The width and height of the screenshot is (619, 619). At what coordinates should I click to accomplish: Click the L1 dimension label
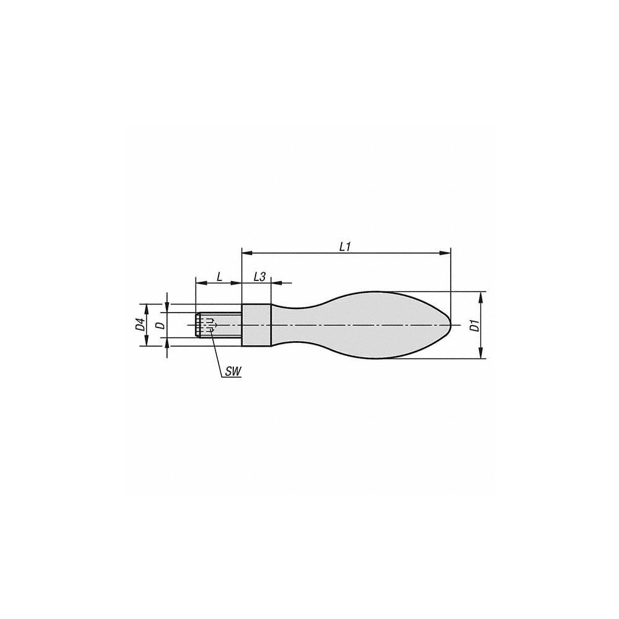[345, 246]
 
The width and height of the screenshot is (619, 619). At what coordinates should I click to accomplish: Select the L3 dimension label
[260, 277]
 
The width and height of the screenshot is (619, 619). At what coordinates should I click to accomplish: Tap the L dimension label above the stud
[219, 277]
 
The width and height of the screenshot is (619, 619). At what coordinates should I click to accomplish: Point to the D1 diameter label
[474, 326]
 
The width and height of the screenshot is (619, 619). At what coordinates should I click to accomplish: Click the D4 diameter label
[140, 325]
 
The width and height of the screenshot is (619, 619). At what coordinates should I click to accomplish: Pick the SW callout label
[233, 371]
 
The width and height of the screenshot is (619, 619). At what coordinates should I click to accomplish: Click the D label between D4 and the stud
[159, 325]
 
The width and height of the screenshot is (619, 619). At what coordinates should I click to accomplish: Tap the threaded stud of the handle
[219, 326]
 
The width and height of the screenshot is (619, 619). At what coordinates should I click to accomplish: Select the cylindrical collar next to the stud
[256, 326]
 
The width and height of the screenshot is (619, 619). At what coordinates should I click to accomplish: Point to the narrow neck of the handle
[294, 325]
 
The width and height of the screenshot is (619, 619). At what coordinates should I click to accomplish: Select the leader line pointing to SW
[216, 353]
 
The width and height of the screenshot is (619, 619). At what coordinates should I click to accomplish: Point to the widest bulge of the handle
[384, 325]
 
